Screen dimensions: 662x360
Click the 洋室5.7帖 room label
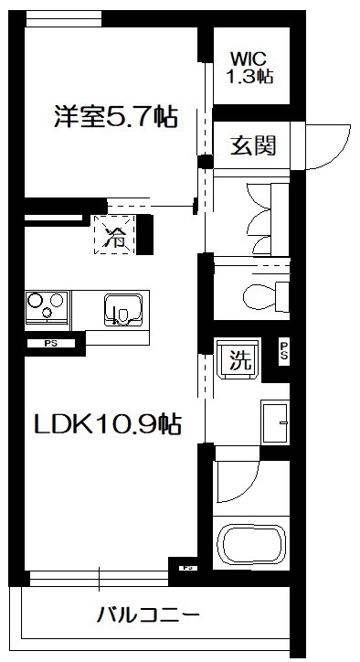[114, 118]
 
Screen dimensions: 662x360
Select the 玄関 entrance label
[252, 144]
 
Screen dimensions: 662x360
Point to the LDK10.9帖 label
[106, 423]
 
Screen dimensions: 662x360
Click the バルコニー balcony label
[148, 614]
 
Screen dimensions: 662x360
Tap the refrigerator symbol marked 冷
[116, 238]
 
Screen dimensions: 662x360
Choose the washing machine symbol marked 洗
[238, 360]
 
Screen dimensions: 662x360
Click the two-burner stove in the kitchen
[45, 307]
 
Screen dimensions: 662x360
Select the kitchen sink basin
[123, 311]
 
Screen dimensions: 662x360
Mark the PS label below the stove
[48, 344]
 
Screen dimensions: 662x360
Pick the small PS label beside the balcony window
[187, 568]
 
